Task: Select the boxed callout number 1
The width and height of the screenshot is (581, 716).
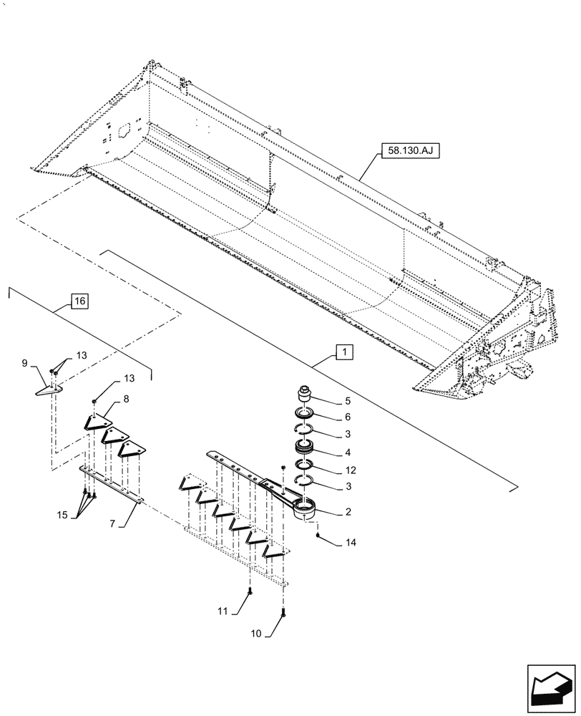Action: [344, 352]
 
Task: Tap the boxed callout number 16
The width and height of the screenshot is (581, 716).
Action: [79, 301]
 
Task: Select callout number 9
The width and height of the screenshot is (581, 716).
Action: [25, 364]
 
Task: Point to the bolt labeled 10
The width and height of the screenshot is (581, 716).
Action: [285, 612]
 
